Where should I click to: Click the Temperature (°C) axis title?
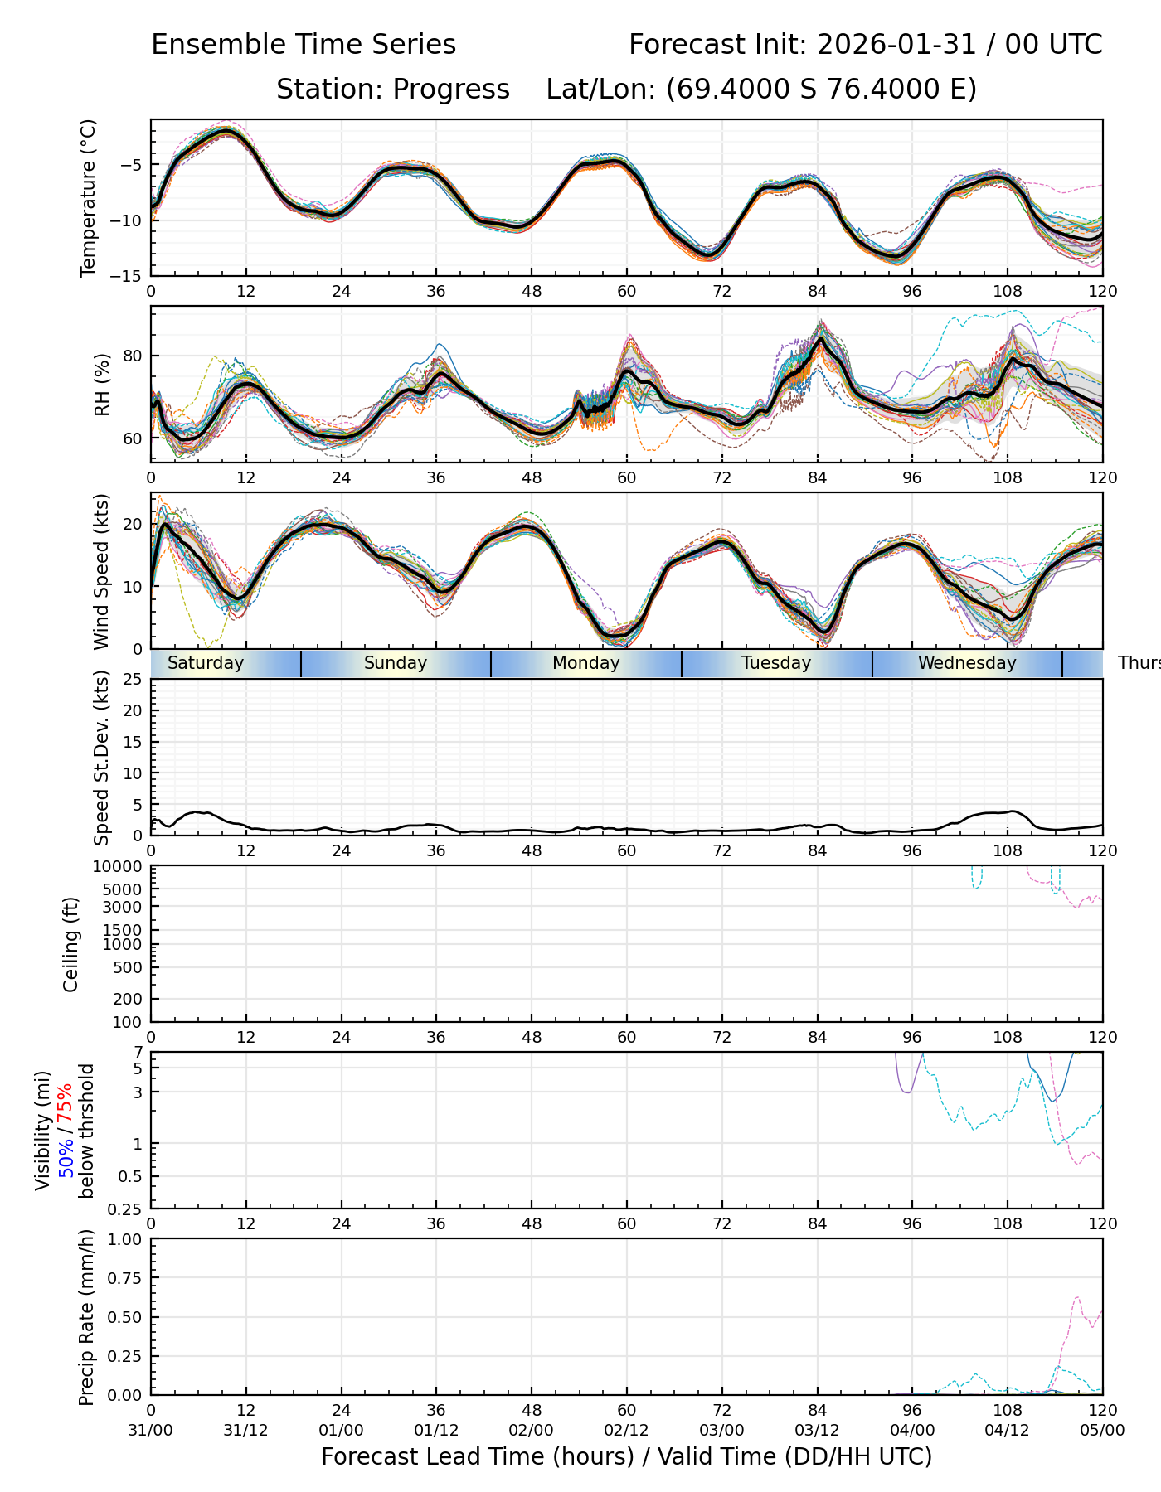pos(88,198)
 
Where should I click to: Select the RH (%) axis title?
pos(102,385)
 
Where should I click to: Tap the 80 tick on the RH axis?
pos(134,356)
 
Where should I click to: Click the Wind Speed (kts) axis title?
pos(102,571)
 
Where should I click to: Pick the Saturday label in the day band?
pos(206,663)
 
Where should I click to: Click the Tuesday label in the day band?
pos(776,663)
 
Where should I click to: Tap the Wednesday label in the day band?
pos(967,663)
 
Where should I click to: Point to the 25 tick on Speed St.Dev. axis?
pos(133,680)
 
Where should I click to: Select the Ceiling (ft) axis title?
pos(71,944)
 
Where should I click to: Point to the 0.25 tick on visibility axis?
pos(127,1209)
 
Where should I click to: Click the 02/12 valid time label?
pos(626,1431)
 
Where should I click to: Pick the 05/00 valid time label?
pos(1102,1431)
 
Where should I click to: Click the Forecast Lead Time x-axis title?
pos(626,1456)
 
